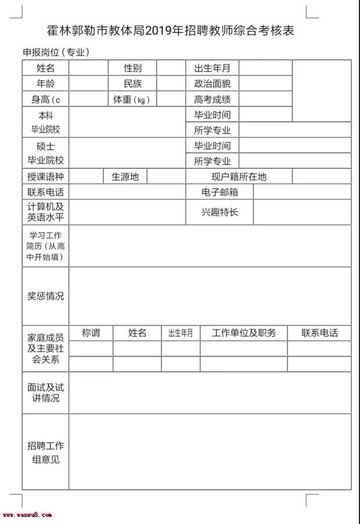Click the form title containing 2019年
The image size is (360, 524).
[x=171, y=31]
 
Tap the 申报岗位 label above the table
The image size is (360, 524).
[x=56, y=52]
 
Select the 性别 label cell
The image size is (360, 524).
[x=132, y=68]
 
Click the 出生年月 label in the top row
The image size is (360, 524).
[x=212, y=68]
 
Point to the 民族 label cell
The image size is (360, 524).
[x=132, y=84]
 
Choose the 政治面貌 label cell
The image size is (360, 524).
[x=212, y=84]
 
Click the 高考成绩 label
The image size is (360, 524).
[x=212, y=99]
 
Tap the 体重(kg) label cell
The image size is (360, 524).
[x=132, y=99]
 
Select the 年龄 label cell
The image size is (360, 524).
[x=45, y=84]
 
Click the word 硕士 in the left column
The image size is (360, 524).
[x=45, y=146]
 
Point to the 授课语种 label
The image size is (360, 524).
[x=45, y=177]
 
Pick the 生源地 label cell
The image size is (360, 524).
[x=125, y=177]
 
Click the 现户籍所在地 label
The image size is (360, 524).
[x=239, y=177]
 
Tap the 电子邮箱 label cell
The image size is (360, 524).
[x=219, y=192]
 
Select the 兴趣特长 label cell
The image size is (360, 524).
[x=219, y=212]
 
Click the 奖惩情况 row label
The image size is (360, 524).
[x=45, y=296]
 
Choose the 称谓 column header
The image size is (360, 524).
[x=91, y=333]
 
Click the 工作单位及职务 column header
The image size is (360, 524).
[x=244, y=333]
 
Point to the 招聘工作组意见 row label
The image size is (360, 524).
[x=45, y=453]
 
